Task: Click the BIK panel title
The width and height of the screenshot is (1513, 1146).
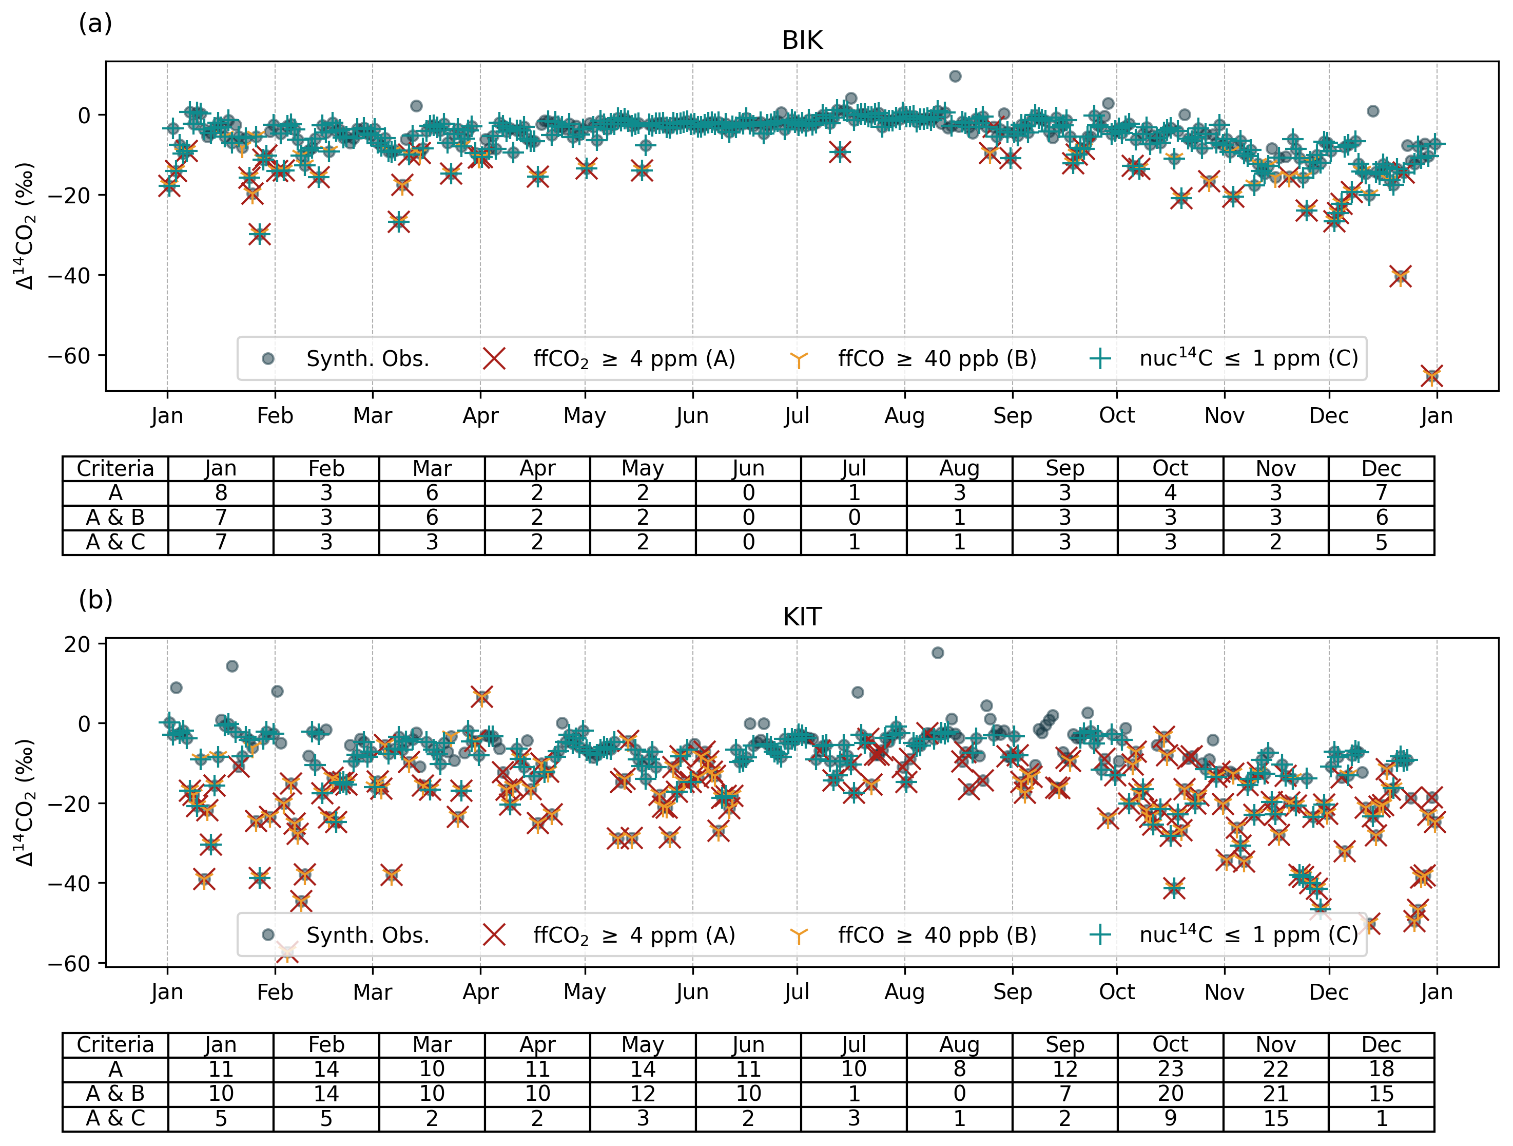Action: [x=802, y=41]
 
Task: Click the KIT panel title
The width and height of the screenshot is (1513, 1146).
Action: [x=802, y=617]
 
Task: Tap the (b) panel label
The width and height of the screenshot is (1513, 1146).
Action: [x=95, y=600]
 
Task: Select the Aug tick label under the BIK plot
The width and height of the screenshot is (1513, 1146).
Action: [x=905, y=415]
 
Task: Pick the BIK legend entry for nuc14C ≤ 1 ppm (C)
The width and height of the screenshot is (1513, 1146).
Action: [x=1225, y=358]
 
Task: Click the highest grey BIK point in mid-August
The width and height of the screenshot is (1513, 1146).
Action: [x=956, y=76]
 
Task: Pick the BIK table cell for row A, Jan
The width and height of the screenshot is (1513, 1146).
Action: [x=221, y=493]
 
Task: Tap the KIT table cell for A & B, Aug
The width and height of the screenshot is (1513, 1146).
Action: [x=960, y=1094]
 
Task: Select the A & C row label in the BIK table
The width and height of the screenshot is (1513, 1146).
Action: [x=115, y=543]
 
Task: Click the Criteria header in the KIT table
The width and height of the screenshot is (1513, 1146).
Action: [x=115, y=1045]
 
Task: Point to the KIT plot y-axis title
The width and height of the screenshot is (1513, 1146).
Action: [x=26, y=803]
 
